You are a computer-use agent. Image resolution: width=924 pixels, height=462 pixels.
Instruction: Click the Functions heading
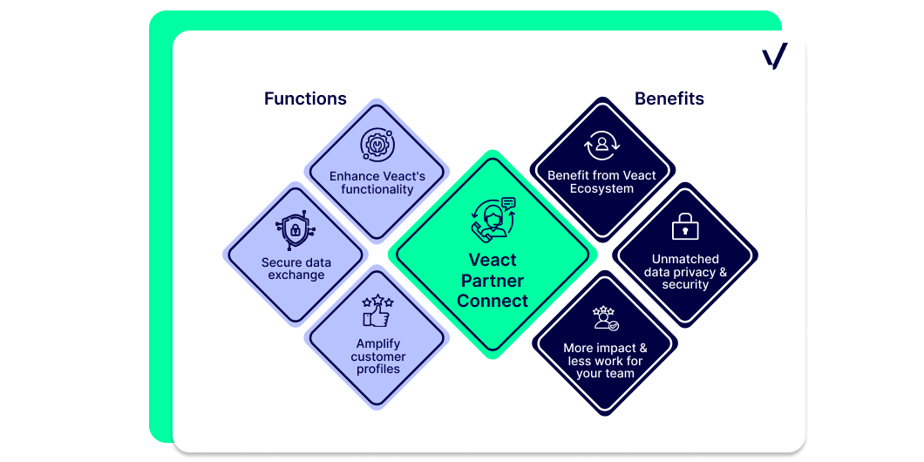pos(305,99)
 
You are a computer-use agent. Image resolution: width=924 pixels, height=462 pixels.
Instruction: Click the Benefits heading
pos(669,99)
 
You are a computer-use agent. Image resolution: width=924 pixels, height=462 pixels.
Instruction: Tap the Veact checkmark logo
pos(774,56)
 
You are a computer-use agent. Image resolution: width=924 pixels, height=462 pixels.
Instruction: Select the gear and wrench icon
pos(377,145)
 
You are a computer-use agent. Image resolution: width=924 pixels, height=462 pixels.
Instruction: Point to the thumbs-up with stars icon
pos(377,311)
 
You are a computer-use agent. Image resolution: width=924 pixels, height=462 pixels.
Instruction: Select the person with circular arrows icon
pos(601,145)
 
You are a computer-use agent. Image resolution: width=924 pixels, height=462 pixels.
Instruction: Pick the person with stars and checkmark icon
pos(605,318)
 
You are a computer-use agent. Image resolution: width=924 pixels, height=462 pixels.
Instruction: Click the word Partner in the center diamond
pos(493,280)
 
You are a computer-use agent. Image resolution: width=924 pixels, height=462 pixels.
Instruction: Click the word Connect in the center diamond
pos(493,301)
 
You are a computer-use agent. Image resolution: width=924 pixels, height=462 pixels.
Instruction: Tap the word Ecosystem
pos(601,188)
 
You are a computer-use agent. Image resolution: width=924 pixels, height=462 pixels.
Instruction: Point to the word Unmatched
pos(685,259)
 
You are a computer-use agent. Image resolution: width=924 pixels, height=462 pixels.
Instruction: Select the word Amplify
pos(377,343)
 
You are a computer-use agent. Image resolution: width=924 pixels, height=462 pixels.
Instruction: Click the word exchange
pos(296,275)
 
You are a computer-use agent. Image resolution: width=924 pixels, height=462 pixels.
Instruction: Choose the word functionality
pos(377,189)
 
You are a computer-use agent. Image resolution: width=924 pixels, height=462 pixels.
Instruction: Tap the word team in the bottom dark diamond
pos(622,374)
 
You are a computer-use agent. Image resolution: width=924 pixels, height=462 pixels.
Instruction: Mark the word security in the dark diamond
pos(685,285)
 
